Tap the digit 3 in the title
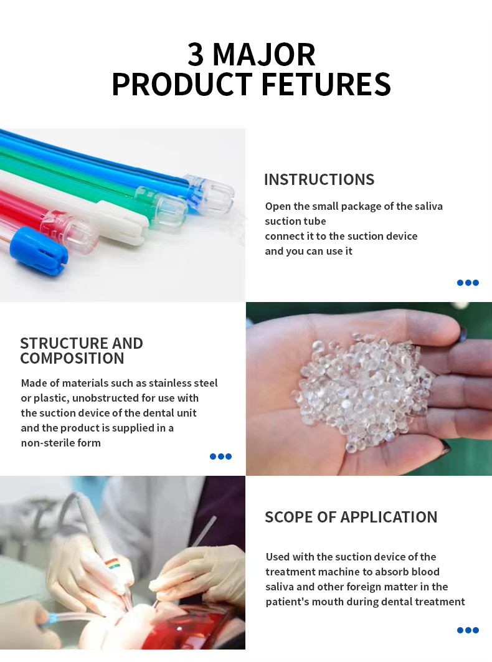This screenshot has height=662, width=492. (x=196, y=55)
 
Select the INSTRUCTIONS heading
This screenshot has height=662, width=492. (x=319, y=180)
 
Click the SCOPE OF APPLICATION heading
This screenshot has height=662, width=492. (x=351, y=518)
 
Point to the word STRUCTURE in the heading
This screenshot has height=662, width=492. (x=55, y=343)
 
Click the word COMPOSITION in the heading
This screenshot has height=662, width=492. (x=72, y=359)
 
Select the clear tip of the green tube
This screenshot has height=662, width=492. (x=166, y=206)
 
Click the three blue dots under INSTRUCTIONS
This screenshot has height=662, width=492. (x=468, y=283)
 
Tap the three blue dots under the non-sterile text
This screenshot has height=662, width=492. (x=220, y=456)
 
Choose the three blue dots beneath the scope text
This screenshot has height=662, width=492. (x=468, y=630)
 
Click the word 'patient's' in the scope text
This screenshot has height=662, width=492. (x=287, y=602)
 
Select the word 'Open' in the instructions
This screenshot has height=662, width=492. (x=278, y=206)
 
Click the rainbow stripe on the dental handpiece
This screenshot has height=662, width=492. (x=112, y=564)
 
